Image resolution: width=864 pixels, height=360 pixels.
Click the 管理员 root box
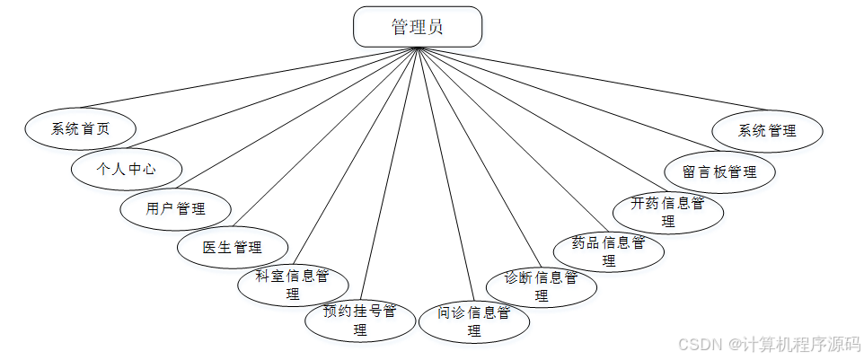[418, 27]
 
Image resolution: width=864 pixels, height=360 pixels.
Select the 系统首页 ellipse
[80, 129]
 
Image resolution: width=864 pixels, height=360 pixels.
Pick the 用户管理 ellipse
[176, 209]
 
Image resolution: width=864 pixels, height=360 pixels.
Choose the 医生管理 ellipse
[232, 247]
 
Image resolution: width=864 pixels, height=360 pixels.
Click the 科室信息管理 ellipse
[293, 284]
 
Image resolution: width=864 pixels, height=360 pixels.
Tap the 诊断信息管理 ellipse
[542, 285]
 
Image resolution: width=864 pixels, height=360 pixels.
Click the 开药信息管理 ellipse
[667, 212]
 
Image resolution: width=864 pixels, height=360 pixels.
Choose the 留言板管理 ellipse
[719, 171]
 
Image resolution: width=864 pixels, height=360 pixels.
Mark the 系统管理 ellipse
[767, 130]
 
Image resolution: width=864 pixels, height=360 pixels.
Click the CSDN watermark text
[769, 344]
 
